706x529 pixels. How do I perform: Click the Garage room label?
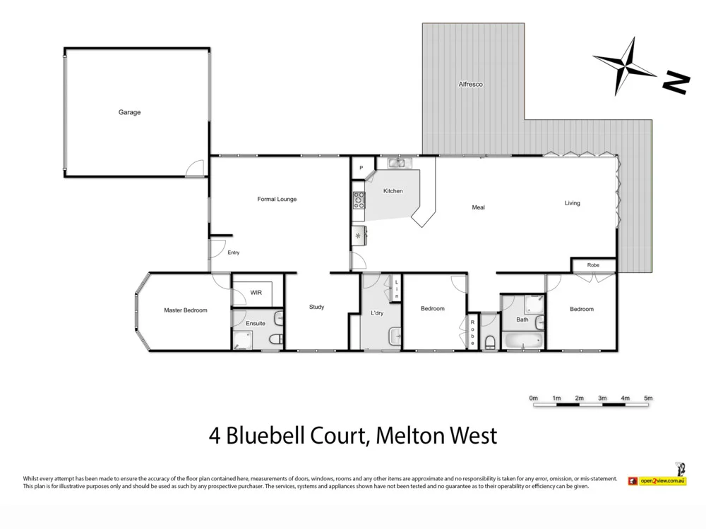click(x=129, y=112)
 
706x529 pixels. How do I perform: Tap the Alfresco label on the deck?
click(x=470, y=85)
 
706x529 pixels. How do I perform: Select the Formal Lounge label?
click(x=277, y=200)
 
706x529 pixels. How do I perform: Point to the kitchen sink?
click(x=396, y=164)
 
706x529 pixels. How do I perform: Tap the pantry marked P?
click(x=361, y=168)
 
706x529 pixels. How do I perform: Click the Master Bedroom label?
click(x=186, y=310)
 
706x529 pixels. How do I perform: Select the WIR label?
click(x=256, y=293)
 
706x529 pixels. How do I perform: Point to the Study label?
click(x=316, y=307)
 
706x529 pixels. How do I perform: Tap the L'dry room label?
click(x=377, y=313)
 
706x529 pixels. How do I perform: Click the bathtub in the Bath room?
click(x=522, y=342)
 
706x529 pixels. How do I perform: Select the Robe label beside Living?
click(x=593, y=265)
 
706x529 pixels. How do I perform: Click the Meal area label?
click(x=478, y=207)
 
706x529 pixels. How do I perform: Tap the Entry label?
click(x=233, y=253)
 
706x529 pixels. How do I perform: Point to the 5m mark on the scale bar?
click(x=648, y=399)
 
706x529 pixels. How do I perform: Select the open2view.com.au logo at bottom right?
click(x=662, y=481)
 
